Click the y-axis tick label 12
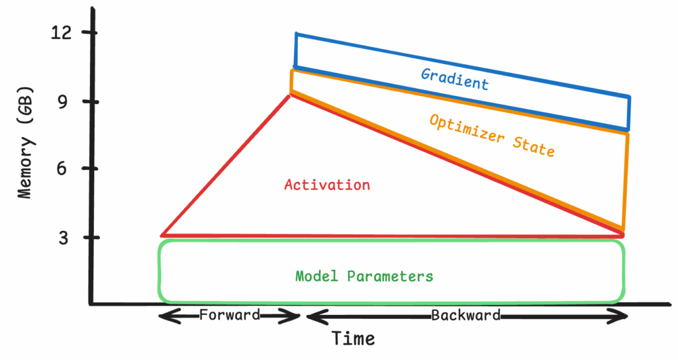pos(61,33)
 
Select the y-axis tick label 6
pos(63,168)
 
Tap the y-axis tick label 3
pos(64,238)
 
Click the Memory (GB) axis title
pos(26,143)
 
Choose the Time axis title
pos(354,338)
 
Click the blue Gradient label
pos(455,79)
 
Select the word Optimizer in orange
pos(467,128)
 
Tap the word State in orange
pos(534,146)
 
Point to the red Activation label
pos(327,185)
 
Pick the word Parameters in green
pos(390,276)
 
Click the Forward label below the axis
pos(230,314)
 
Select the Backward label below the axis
pos(465,315)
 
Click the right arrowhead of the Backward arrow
pos(625,317)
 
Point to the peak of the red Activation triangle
pos(290,95)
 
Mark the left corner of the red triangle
pos(162,236)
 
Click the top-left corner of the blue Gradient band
pos(296,34)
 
